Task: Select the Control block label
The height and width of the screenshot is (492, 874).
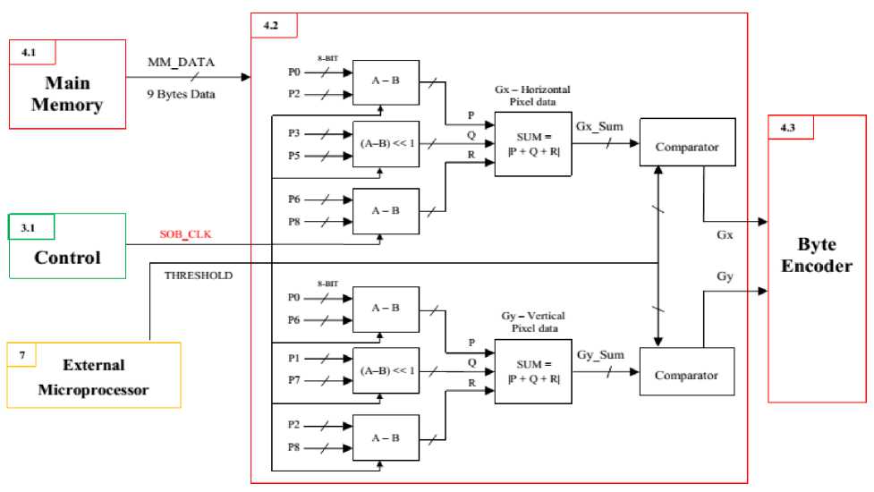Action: pyautogui.click(x=67, y=258)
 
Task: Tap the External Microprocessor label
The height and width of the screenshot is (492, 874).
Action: pyautogui.click(x=94, y=377)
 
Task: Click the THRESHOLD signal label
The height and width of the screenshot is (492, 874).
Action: pyautogui.click(x=198, y=276)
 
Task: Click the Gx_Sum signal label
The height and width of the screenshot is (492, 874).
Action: pyautogui.click(x=599, y=126)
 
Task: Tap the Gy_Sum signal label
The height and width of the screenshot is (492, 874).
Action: pyautogui.click(x=598, y=355)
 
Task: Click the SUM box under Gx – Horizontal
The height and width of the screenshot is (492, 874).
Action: pyautogui.click(x=533, y=145)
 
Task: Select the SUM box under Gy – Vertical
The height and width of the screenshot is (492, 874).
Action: pyautogui.click(x=533, y=371)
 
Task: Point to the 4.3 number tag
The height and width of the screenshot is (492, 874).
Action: pyautogui.click(x=787, y=128)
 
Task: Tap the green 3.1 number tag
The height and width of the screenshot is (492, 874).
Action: pyautogui.click(x=27, y=228)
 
